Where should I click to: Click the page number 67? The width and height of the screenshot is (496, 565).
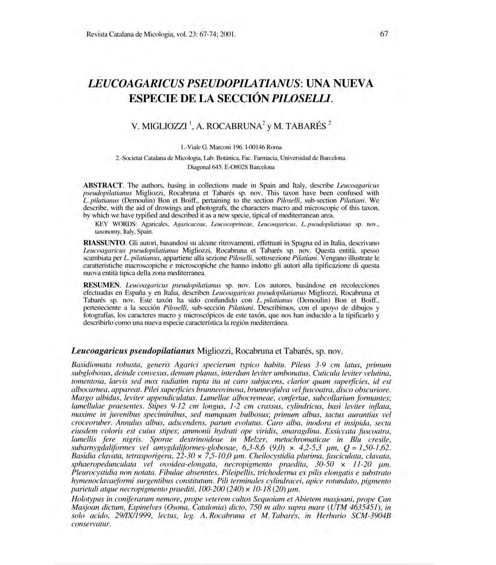(384, 34)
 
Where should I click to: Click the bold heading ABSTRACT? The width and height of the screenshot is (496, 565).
(105, 186)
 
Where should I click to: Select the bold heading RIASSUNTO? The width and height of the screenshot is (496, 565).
(105, 243)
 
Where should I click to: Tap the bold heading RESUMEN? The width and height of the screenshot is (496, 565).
(102, 285)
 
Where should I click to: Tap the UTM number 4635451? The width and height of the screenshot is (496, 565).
(360, 508)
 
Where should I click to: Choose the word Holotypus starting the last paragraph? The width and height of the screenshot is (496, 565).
(87, 500)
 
